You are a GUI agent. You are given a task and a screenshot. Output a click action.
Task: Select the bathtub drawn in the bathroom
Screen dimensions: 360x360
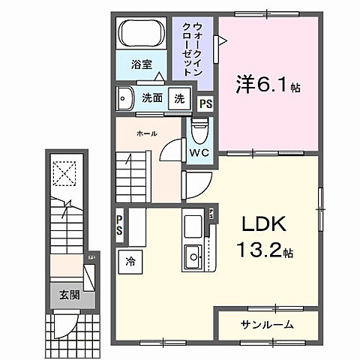click(x=142, y=33)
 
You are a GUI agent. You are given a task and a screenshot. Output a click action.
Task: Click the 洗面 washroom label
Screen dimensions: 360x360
click(x=152, y=97)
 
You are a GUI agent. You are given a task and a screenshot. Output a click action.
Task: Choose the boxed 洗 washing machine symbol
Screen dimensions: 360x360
click(x=179, y=98)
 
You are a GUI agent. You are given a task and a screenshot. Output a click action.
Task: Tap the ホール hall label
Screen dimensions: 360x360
click(x=146, y=133)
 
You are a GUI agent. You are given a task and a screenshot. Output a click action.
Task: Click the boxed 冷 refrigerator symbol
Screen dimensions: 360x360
click(x=130, y=262)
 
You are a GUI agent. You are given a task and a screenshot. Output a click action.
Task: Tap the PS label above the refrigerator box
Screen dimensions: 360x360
click(x=120, y=225)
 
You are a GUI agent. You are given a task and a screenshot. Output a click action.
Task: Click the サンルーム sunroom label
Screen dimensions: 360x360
click(x=267, y=325)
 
